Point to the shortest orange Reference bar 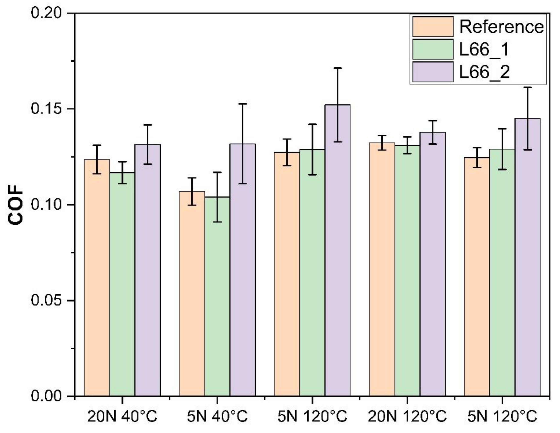192,295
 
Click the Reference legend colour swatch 433,27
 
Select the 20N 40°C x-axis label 122,417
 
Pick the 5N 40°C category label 217,417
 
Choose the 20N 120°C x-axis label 407,417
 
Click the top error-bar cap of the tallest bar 338,68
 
